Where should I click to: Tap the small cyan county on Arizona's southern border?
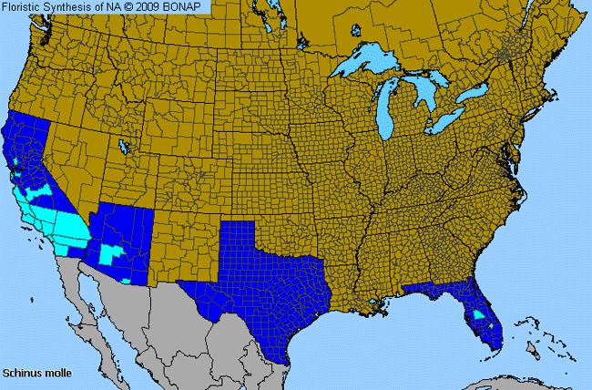point(126,282)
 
